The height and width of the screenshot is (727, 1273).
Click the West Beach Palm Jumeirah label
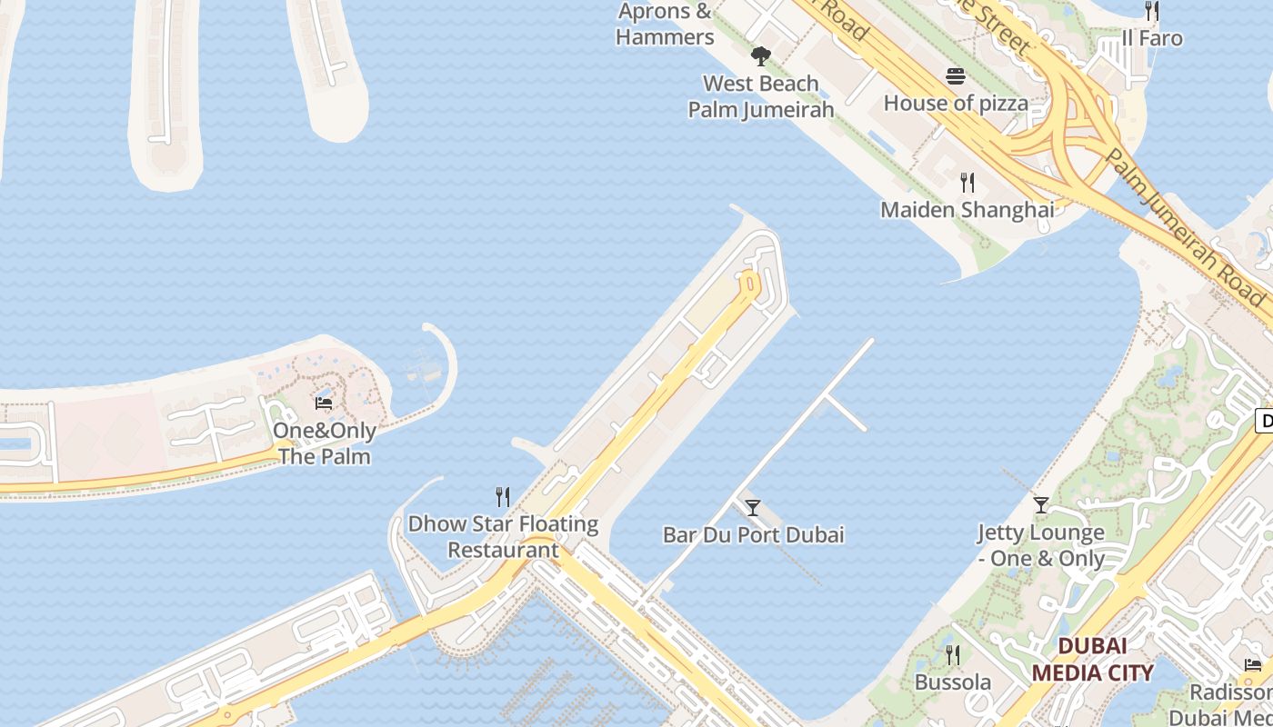(761, 96)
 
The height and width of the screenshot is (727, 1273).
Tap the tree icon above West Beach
(760, 56)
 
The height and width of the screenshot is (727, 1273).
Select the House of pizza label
(956, 103)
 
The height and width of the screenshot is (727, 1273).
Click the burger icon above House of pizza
(955, 76)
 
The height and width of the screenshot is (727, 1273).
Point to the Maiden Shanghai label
(967, 210)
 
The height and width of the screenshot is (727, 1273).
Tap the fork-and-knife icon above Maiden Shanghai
(967, 183)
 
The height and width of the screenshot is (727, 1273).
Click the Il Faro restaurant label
(1151, 38)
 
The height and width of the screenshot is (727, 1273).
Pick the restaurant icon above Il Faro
(1151, 11)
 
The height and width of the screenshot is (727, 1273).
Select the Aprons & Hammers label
(665, 25)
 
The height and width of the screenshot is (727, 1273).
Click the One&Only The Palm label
(325, 443)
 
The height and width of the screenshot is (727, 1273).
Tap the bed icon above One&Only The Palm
(323, 403)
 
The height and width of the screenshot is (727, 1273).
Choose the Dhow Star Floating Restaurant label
(503, 537)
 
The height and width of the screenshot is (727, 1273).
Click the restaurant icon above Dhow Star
(502, 496)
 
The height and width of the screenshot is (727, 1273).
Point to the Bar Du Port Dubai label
(753, 534)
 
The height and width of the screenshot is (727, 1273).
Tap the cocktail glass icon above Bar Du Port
(752, 507)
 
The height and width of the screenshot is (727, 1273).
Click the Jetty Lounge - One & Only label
(1041, 545)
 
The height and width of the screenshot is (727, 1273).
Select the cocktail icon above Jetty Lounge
(1041, 504)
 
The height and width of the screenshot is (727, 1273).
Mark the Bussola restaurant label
(953, 682)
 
